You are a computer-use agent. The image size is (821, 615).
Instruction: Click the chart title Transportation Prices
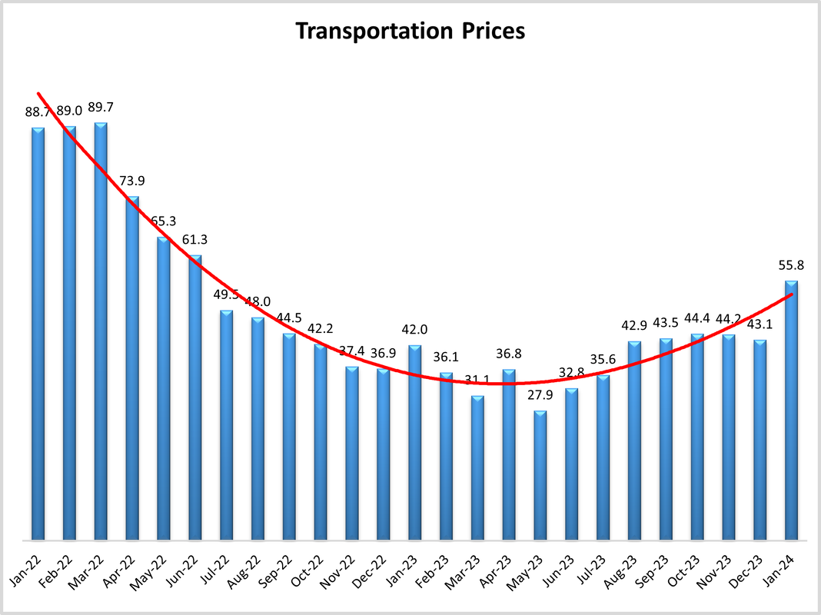[x=410, y=32]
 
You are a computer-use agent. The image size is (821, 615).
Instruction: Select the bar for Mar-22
[x=101, y=331]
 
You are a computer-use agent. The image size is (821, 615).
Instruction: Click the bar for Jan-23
[x=414, y=442]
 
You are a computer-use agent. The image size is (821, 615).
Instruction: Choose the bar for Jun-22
[x=195, y=397]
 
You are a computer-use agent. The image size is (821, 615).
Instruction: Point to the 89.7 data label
[x=101, y=107]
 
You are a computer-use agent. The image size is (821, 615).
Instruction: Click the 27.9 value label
[x=540, y=395]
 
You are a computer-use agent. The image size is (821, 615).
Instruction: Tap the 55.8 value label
[x=791, y=265]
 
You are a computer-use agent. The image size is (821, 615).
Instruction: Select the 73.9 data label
[x=132, y=181]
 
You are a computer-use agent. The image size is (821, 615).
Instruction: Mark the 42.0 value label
[x=414, y=330]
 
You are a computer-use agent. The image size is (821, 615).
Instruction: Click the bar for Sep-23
[x=666, y=438]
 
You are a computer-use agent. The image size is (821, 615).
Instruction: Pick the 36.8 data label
[x=509, y=354]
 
